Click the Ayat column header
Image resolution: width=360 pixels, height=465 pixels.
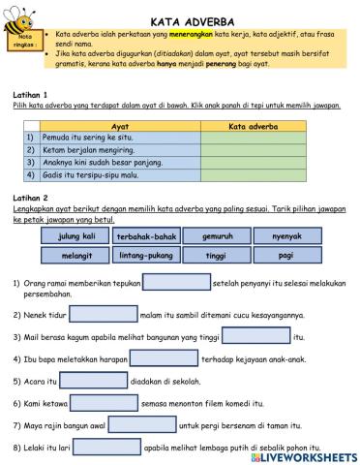coord(120,126)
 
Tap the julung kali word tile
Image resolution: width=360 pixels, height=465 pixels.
coord(75,235)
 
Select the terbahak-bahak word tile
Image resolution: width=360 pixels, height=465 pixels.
coord(146,236)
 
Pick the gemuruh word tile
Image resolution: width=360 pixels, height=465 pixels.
coord(216,235)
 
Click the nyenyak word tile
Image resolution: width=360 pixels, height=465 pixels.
coord(285,235)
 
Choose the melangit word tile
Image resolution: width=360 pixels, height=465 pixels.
coord(75,255)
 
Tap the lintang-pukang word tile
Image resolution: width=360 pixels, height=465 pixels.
coord(146,255)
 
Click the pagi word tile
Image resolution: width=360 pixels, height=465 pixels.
coord(285,255)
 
